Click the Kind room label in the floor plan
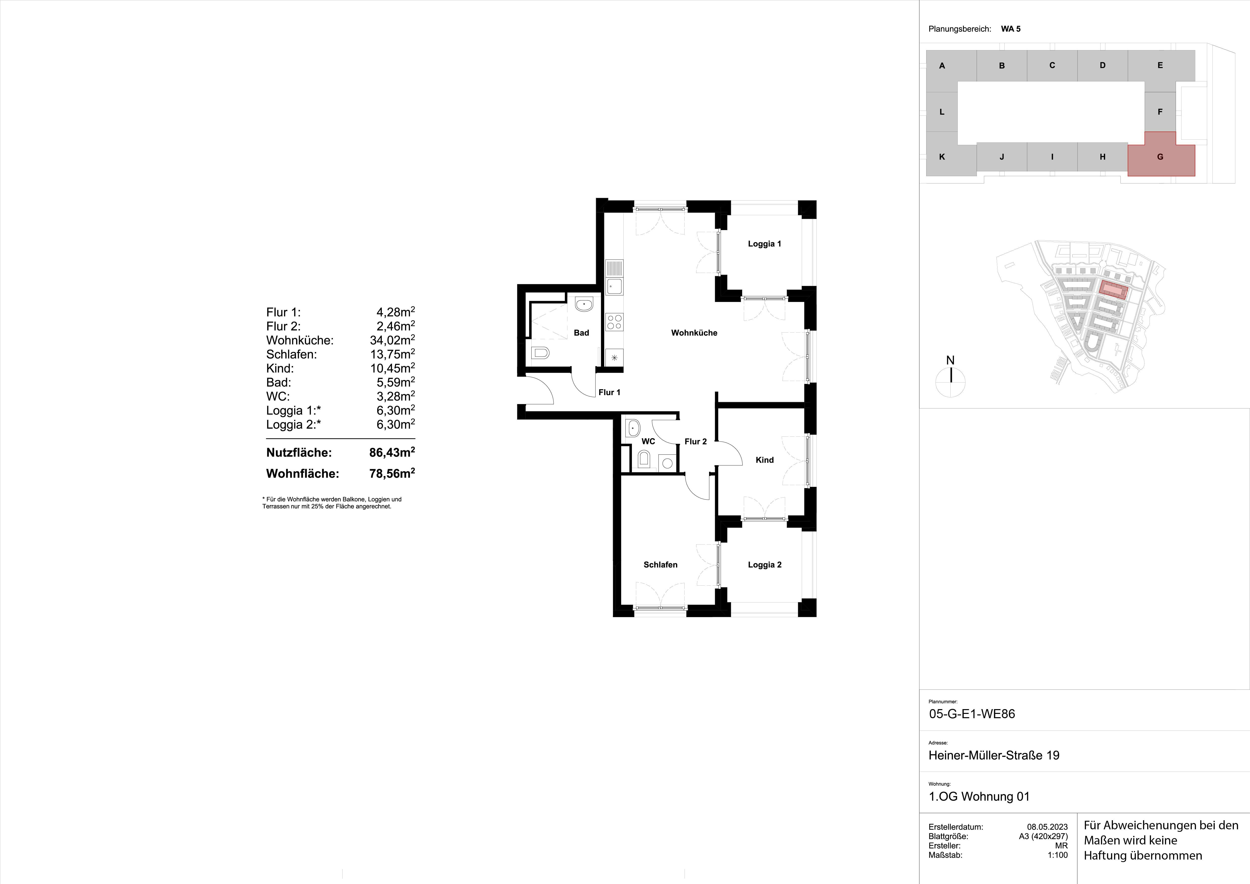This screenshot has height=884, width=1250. click(764, 460)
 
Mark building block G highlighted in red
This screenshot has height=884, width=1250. click(1160, 157)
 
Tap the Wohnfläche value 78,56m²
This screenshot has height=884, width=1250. click(392, 473)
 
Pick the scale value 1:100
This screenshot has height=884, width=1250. click(1057, 855)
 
